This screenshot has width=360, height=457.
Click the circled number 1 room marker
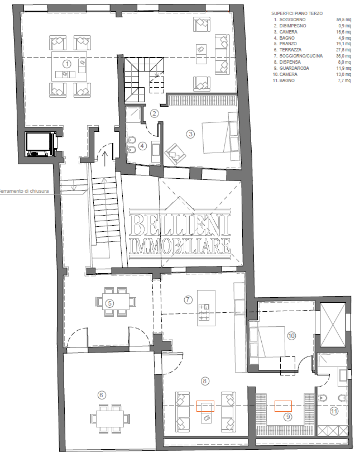pyautogui.click(x=68, y=64)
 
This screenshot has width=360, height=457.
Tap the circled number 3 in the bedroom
pyautogui.click(x=190, y=134)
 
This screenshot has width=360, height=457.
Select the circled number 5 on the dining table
pyautogui.click(x=109, y=303)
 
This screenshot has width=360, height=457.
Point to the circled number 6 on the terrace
pyautogui.click(x=102, y=395)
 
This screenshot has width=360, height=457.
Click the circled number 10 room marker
pyautogui.click(x=291, y=336)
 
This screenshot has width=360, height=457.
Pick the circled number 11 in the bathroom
pyautogui.click(x=334, y=411)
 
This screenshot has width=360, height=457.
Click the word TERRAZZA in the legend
pyautogui.click(x=290, y=50)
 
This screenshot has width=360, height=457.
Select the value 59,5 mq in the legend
pyautogui.click(x=344, y=20)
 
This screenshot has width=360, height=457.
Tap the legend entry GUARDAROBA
pyautogui.click(x=294, y=68)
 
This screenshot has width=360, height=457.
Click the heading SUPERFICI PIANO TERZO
pyautogui.click(x=297, y=13)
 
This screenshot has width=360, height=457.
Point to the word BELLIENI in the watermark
pyautogui.click(x=179, y=225)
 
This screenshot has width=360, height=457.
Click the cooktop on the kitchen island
pyautogui.click(x=204, y=312)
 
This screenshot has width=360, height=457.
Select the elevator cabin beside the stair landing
pyautogui.click(x=41, y=145)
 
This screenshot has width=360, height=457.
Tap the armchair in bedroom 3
pyautogui.click(x=175, y=154)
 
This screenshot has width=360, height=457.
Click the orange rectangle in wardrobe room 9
pyautogui.click(x=283, y=406)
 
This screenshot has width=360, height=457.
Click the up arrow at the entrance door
pyautogui.click(x=105, y=159)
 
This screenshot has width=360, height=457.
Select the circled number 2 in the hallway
pyautogui.click(x=155, y=113)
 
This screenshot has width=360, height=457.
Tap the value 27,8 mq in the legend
pyautogui.click(x=344, y=50)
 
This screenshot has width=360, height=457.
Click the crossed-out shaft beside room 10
pyautogui.click(x=333, y=325)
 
